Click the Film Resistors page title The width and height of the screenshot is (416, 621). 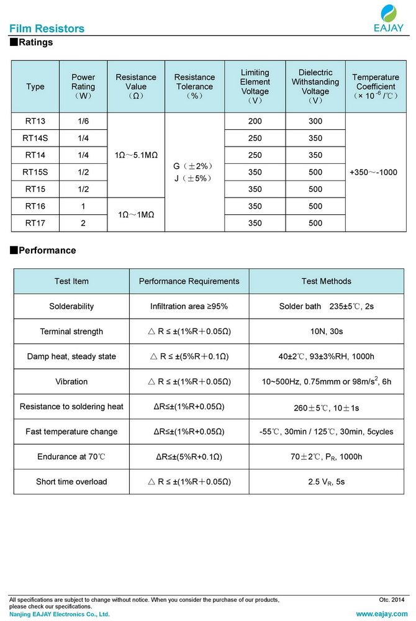click(x=47, y=29)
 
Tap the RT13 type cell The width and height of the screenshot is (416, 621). click(x=35, y=121)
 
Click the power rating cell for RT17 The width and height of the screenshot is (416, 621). click(x=83, y=223)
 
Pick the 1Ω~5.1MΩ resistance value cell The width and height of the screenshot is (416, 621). click(x=136, y=155)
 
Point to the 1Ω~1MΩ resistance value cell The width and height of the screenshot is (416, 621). click(x=136, y=214)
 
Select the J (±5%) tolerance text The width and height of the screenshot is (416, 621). click(x=194, y=178)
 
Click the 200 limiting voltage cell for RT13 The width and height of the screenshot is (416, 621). click(x=255, y=121)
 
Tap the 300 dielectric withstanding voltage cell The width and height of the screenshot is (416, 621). click(x=315, y=121)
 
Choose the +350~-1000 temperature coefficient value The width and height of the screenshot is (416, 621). click(x=374, y=172)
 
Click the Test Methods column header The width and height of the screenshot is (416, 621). click(x=326, y=281)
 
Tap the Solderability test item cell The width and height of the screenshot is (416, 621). click(x=71, y=306)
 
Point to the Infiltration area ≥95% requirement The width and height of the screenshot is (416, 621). click(x=189, y=306)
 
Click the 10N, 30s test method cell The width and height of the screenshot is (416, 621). click(x=326, y=332)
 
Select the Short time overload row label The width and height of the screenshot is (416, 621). click(x=71, y=481)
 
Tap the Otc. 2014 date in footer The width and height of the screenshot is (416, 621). click(x=391, y=600)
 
